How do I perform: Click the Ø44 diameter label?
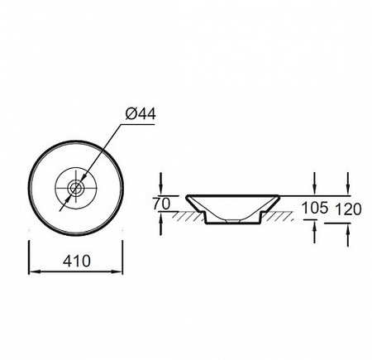pos(141,113)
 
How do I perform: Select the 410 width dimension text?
pos(76,261)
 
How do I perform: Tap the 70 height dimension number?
pos(162,204)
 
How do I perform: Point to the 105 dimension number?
pos(315,208)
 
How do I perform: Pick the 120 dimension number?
pos(349,209)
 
